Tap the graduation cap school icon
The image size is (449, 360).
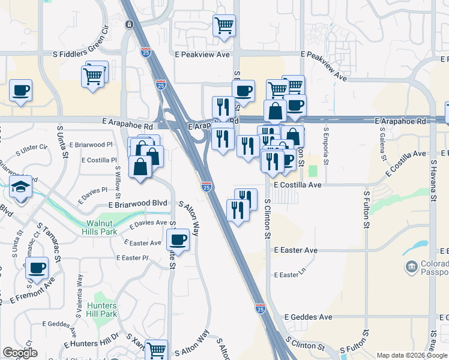(21, 188)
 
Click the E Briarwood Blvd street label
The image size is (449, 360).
(137, 204)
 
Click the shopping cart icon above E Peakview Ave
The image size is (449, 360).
(224, 26)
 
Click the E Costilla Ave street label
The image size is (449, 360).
(298, 185)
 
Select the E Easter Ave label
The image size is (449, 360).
(295, 250)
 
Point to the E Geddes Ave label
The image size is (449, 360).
(308, 317)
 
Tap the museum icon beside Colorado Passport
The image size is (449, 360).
(412, 266)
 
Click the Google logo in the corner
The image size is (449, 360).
(20, 352)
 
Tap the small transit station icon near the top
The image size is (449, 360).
(128, 25)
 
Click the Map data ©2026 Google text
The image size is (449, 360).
(411, 355)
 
